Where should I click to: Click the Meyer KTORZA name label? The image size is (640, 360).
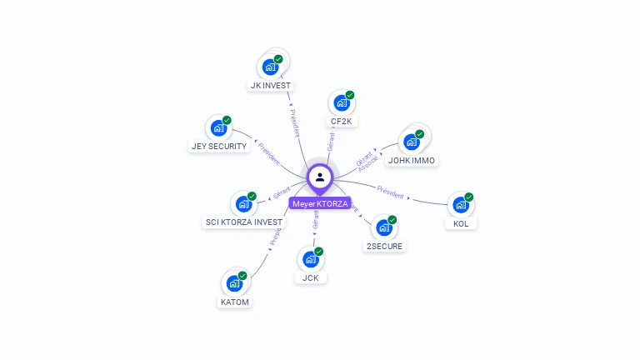320,203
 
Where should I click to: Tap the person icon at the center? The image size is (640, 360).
320,177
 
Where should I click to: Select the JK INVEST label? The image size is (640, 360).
272,85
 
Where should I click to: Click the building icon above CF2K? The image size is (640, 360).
342,102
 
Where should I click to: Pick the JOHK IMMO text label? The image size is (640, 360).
412,160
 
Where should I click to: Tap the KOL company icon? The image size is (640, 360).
459,204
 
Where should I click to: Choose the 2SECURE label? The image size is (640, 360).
384,246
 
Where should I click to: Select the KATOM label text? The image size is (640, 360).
235,302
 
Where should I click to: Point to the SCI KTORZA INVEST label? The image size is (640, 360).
244,222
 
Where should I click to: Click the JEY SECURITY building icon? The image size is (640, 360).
218,127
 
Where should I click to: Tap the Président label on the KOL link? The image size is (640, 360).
390,191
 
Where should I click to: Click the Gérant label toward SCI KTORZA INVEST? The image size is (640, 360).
282,193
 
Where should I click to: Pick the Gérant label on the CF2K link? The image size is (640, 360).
331,141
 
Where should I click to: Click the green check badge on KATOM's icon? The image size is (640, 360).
242,275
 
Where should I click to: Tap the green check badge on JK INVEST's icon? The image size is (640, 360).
278,59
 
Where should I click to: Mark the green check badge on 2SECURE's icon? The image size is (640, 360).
392,220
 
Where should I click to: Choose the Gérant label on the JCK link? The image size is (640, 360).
315,221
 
